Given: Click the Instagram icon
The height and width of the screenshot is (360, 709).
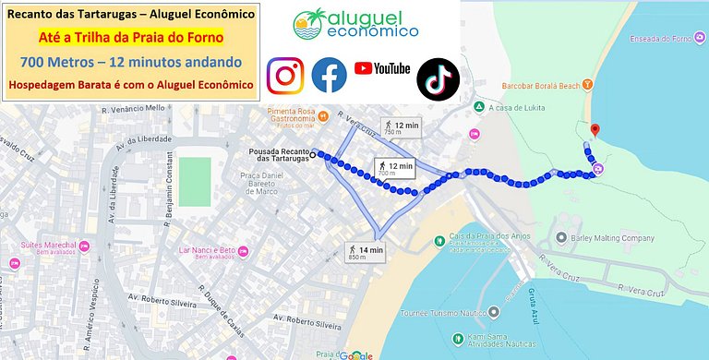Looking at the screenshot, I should point(285,75).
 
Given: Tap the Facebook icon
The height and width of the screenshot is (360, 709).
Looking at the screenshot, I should point(329,75).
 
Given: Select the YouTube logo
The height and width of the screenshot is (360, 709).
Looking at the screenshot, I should point(381,68).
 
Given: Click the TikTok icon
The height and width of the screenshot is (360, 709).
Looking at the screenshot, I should point(438,78).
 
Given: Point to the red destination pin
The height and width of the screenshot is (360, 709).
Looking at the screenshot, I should point(595,131).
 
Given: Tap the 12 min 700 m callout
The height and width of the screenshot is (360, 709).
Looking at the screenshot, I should point(395,167).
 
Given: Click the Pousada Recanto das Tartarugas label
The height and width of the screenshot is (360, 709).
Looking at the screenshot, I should point(282,156).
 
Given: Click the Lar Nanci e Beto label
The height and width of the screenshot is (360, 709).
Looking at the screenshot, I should point(208,251).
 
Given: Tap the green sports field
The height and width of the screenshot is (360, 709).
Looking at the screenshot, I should point(194,175).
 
